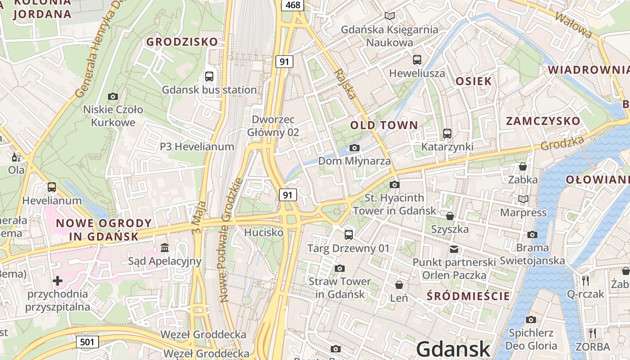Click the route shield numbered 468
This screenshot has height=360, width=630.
pyautogui.click(x=292, y=5)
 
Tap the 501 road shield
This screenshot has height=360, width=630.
pyautogui.click(x=87, y=342)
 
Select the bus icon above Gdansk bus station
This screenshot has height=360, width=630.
pyautogui.click(x=209, y=76)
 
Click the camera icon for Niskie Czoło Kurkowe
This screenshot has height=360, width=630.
pyautogui.click(x=113, y=96)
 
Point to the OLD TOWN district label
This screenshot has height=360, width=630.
pyautogui.click(x=384, y=125)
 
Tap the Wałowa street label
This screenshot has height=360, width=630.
pyautogui.click(x=573, y=24)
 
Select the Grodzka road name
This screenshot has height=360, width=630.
pyautogui.click(x=562, y=143)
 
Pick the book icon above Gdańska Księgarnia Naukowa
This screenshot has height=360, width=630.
pyautogui.click(x=390, y=16)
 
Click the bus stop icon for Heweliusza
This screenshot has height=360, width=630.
pyautogui.click(x=417, y=59)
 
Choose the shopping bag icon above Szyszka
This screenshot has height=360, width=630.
pyautogui.click(x=450, y=216)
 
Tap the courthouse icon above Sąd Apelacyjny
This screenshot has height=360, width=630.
pyautogui.click(x=165, y=248)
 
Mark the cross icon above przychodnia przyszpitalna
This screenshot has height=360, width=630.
pyautogui.click(x=58, y=281)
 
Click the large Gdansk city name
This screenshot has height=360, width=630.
pyautogui.click(x=453, y=349)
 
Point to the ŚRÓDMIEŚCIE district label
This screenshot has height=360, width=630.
pyautogui.click(x=468, y=296)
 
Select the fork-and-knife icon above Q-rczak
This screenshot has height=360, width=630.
pyautogui.click(x=585, y=280)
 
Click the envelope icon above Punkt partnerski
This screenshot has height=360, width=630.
pyautogui.click(x=454, y=249)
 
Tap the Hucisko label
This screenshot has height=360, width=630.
pyautogui.click(x=264, y=232)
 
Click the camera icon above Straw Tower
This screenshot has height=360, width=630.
pyautogui.click(x=340, y=269)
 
